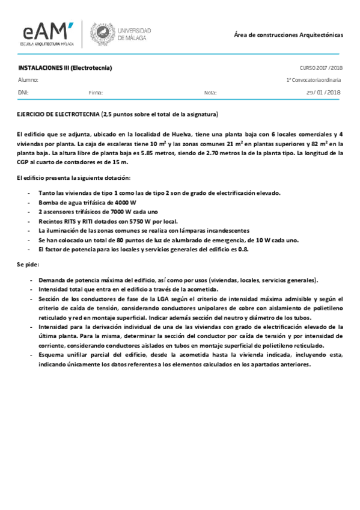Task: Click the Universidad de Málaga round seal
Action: pyautogui.click(x=100, y=34)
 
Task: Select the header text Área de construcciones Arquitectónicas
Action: pyautogui.click(x=288, y=35)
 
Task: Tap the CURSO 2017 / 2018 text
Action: pyautogui.click(x=320, y=68)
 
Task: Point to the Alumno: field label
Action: pyautogui.click(x=28, y=79)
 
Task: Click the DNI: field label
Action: pyautogui.click(x=23, y=93)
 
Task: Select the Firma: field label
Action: pyautogui.click(x=96, y=93)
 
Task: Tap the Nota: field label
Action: pyautogui.click(x=210, y=93)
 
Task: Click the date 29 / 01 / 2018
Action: pyautogui.click(x=323, y=93)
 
